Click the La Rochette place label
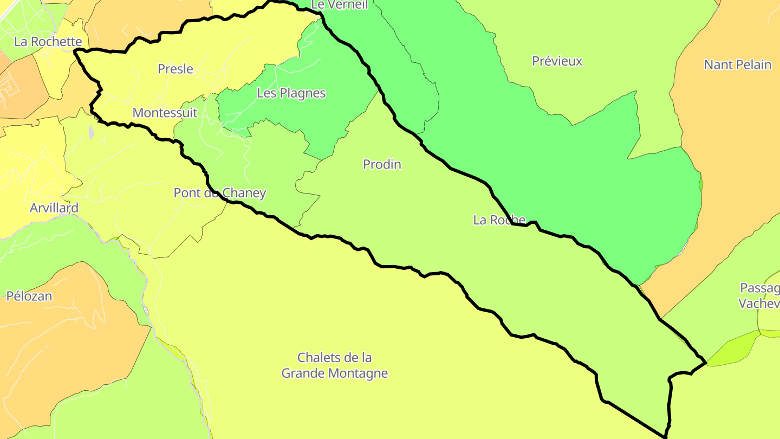pyautogui.click(x=48, y=42)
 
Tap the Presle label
pyautogui.click(x=175, y=69)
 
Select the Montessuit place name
pyautogui.click(x=165, y=113)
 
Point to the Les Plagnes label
pyautogui.click(x=291, y=93)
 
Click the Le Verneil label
pyautogui.click(x=340, y=5)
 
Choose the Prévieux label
pyautogui.click(x=557, y=61)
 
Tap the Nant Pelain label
pyautogui.click(x=737, y=65)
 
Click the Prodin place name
pyautogui.click(x=382, y=164)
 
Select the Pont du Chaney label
pyautogui.click(x=220, y=193)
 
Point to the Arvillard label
pyautogui.click(x=54, y=208)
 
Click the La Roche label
pyautogui.click(x=499, y=220)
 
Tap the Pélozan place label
pyautogui.click(x=29, y=296)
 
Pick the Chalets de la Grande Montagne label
pyautogui.click(x=335, y=365)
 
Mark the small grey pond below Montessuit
pyautogui.click(x=91, y=132)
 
